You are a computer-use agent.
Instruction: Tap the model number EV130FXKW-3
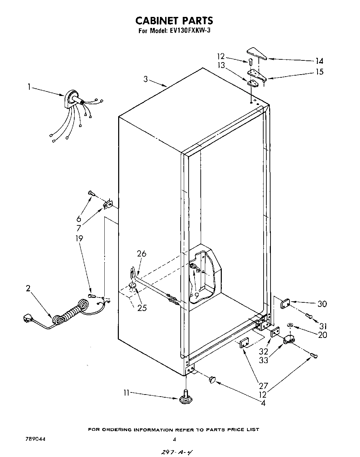(190, 30)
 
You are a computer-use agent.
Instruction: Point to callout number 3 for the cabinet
(146, 79)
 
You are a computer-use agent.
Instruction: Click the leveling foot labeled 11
(186, 397)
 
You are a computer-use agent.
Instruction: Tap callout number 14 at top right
(319, 61)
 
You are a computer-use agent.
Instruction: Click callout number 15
(320, 72)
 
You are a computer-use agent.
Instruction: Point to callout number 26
(142, 254)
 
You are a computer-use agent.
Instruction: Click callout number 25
(142, 308)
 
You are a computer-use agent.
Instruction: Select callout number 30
(322, 304)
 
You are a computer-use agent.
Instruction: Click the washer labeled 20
(290, 325)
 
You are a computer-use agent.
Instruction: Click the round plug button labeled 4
(212, 380)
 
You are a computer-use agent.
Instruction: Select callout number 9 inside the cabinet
(196, 295)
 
